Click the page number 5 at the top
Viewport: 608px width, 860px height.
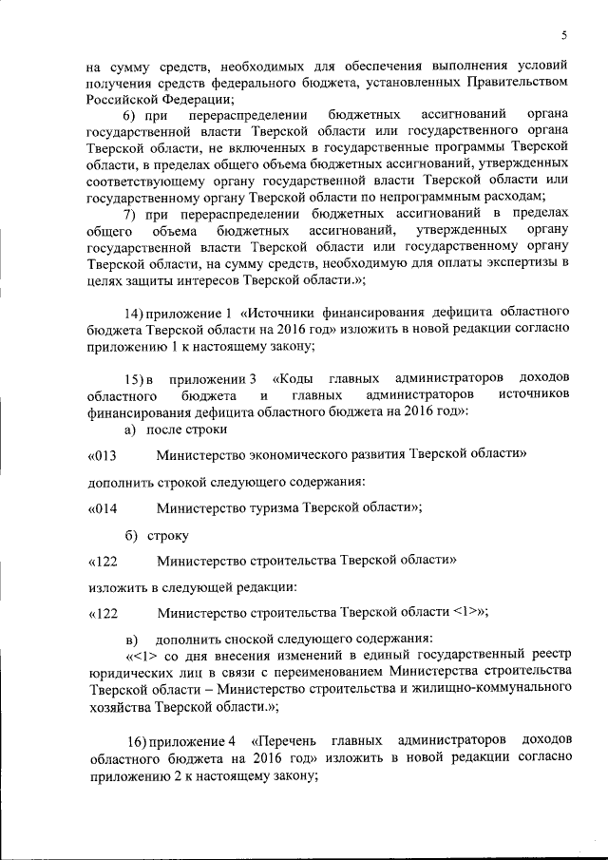point(563,36)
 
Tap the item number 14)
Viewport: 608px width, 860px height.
point(142,312)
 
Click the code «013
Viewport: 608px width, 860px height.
point(102,455)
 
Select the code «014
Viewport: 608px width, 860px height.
point(102,507)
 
